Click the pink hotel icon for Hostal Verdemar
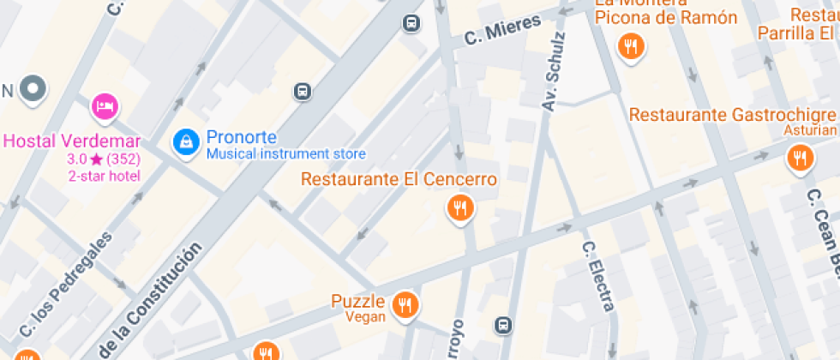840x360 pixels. [105, 105]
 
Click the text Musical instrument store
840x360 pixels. [285, 154]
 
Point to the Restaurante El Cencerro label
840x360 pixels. [399, 180]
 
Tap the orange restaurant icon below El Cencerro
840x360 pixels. [460, 207]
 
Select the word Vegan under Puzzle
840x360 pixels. [366, 315]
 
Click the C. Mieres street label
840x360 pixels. [502, 30]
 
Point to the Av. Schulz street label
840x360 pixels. [555, 71]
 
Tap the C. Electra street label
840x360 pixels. [598, 275]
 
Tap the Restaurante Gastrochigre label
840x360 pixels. [732, 115]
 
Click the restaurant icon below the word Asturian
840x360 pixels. [800, 157]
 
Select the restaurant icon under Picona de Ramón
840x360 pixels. [632, 46]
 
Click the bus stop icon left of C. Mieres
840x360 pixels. [411, 23]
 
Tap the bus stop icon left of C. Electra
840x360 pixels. [504, 325]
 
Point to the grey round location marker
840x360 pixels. [34, 87]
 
